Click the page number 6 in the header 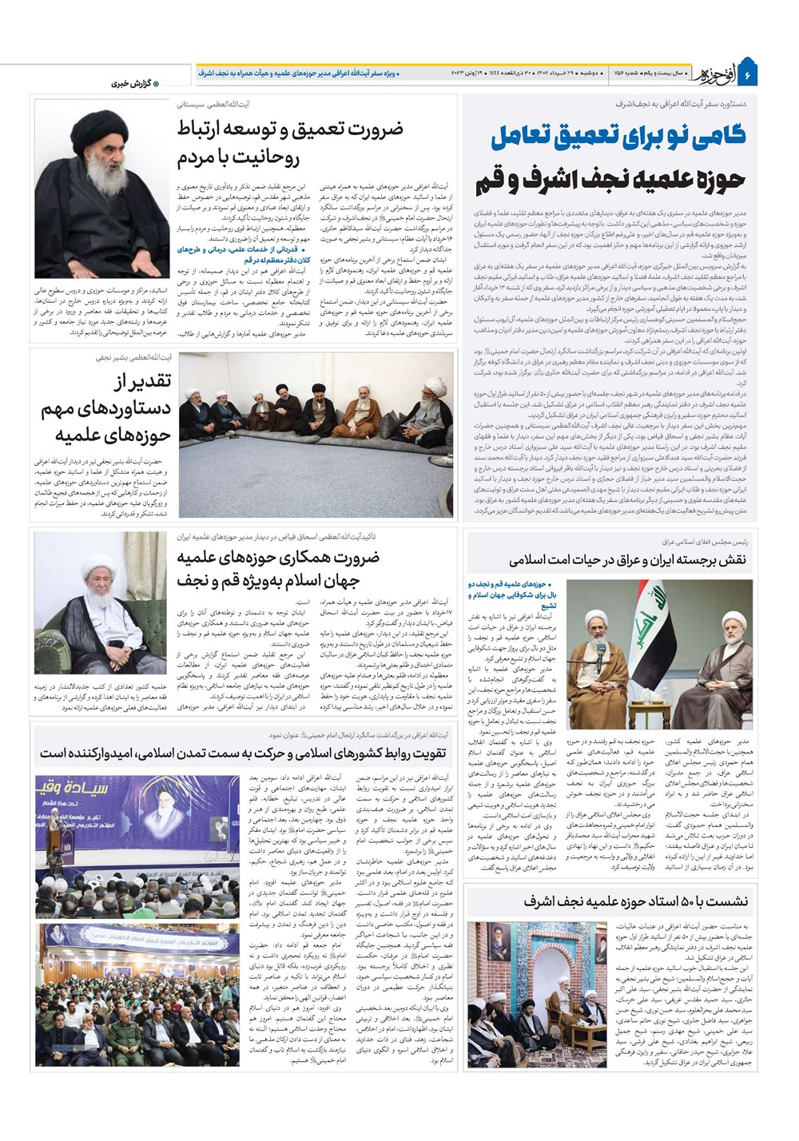click(x=749, y=76)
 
